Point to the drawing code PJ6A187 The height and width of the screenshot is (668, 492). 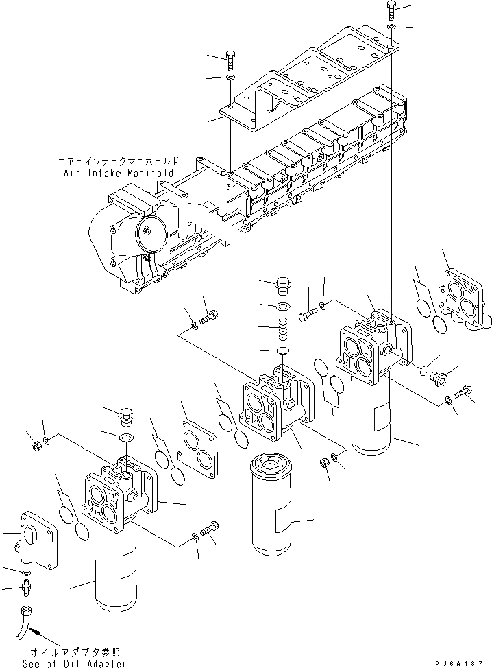463,663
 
